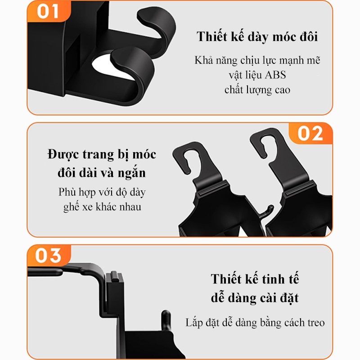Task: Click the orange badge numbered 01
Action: pyautogui.click(x=49, y=12)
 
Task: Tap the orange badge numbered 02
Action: pyautogui.click(x=310, y=133)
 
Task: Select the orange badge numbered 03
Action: pyautogui.click(x=49, y=255)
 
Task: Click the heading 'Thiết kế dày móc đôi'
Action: pyautogui.click(x=257, y=37)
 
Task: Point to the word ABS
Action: pyautogui.click(x=275, y=75)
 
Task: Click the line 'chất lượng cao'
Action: pyautogui.click(x=257, y=90)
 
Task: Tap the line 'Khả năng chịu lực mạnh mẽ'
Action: pyautogui.click(x=257, y=60)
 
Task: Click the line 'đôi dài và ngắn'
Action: pyautogui.click(x=102, y=173)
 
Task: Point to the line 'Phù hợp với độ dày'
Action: pyautogui.click(x=102, y=193)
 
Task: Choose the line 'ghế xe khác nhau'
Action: pyautogui.click(x=102, y=207)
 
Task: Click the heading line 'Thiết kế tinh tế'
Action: pyautogui.click(x=255, y=279)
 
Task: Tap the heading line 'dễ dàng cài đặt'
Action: pyautogui.click(x=255, y=298)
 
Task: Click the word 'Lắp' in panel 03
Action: pyautogui.click(x=194, y=323)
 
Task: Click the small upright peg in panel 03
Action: pyautogui.click(x=166, y=319)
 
